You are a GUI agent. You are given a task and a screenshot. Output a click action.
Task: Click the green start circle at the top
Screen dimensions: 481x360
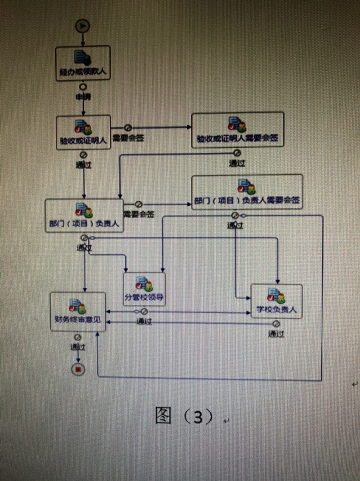click(83, 25)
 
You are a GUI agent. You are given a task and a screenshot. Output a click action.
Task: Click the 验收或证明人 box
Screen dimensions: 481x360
click(83, 132)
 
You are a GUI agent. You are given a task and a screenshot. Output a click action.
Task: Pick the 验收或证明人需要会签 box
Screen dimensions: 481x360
click(237, 130)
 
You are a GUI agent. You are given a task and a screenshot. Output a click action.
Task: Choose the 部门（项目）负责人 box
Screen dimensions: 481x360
click(84, 215)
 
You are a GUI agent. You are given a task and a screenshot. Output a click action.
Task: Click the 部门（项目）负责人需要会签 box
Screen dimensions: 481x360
click(247, 192)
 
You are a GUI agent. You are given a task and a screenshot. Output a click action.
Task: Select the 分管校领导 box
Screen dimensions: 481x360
click(144, 289)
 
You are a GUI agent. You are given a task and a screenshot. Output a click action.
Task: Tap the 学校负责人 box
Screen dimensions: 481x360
click(276, 301)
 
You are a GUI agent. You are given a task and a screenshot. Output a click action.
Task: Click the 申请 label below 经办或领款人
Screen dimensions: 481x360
click(83, 96)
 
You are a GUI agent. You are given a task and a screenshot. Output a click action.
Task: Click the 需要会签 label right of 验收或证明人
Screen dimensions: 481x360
click(127, 138)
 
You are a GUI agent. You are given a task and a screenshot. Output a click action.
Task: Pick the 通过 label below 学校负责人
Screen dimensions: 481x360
click(275, 334)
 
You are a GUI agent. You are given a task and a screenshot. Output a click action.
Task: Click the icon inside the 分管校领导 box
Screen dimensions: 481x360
click(144, 283)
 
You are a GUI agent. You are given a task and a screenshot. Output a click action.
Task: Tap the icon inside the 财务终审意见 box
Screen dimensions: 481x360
click(77, 305)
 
